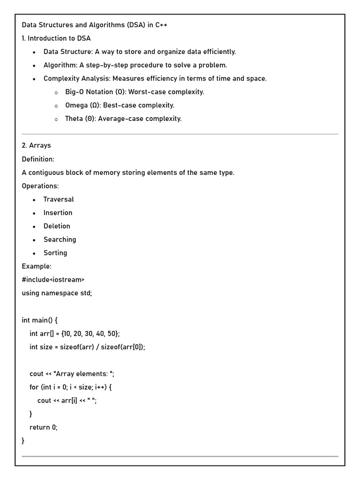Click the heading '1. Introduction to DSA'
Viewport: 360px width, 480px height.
(x=56, y=38)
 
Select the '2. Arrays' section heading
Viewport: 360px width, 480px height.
(x=36, y=145)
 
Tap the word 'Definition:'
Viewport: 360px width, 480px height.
(x=38, y=159)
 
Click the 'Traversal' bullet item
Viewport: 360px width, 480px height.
(x=59, y=199)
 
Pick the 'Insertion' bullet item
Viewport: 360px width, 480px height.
(x=58, y=213)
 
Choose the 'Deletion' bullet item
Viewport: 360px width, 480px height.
(x=57, y=226)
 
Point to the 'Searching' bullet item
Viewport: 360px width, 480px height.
(x=60, y=240)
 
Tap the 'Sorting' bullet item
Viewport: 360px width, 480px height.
(x=55, y=253)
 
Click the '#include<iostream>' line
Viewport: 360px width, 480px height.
(x=53, y=279)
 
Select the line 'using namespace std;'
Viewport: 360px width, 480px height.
(x=57, y=293)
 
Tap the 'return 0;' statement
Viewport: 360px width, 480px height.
(x=43, y=427)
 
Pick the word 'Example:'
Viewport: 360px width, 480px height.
(x=37, y=266)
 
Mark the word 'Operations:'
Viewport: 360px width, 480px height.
(x=40, y=186)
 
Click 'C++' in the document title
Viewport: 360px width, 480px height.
(x=161, y=25)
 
